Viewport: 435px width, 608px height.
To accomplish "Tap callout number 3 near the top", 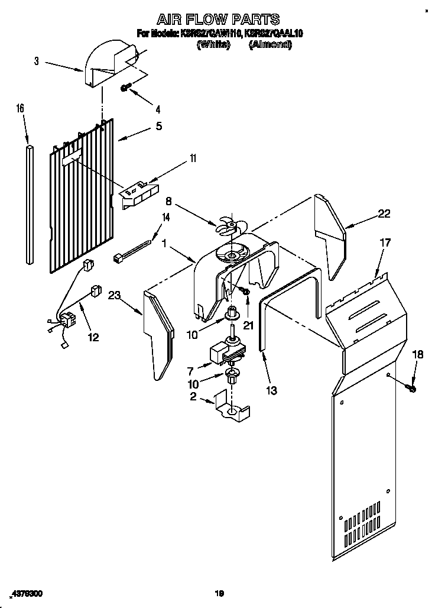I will tap(37, 60).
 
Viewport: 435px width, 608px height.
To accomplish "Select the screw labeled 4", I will tap(126, 88).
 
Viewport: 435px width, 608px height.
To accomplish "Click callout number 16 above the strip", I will tap(20, 108).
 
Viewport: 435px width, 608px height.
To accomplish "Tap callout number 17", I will tap(385, 242).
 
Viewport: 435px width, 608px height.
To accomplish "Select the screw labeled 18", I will tap(411, 388).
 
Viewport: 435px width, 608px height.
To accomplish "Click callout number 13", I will tap(271, 390).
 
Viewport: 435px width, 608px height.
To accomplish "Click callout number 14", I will tap(165, 217).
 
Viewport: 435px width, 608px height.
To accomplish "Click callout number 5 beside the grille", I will tap(158, 126).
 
